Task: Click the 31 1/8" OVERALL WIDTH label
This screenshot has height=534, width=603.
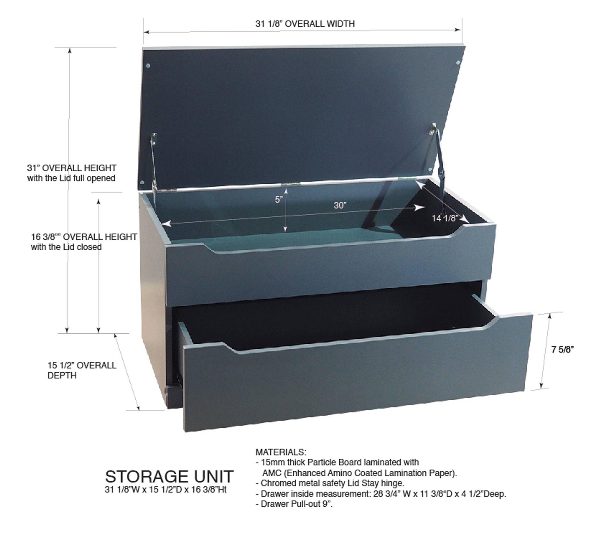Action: (x=305, y=23)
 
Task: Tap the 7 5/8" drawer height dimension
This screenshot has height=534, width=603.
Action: (x=563, y=350)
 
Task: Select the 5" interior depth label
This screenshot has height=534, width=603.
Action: (x=279, y=200)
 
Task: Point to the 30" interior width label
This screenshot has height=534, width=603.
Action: (x=340, y=205)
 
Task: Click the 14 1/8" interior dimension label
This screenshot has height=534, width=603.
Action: (x=445, y=218)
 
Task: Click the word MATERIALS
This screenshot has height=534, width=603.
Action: (x=281, y=452)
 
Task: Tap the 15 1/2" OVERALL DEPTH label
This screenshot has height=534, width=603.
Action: (x=82, y=370)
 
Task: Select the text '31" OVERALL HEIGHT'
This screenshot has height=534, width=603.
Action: (x=72, y=168)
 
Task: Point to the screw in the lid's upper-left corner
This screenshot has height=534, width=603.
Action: (x=148, y=65)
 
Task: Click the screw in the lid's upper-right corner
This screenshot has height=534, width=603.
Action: (x=458, y=63)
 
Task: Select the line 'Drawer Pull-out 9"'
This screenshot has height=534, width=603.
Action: (x=296, y=504)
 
